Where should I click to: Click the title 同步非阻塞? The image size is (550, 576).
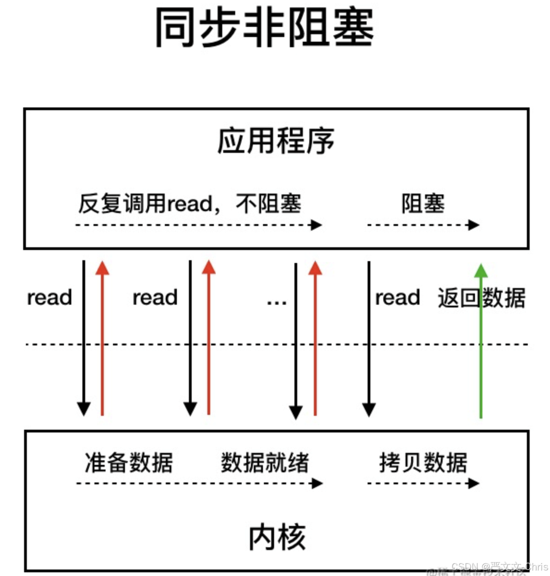point(264,28)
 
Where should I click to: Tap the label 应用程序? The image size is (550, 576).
point(276,141)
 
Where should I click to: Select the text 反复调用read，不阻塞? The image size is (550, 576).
point(190,204)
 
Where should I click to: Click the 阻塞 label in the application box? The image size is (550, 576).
point(423,204)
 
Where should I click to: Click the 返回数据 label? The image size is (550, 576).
point(481,298)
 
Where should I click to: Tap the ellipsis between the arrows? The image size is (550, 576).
point(276,302)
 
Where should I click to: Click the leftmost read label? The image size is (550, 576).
point(50,298)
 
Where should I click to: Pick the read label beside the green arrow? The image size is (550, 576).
point(397,298)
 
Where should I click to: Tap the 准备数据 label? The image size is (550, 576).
point(129,463)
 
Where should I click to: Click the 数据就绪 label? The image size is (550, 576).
point(265,463)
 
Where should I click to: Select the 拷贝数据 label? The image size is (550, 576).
point(423,463)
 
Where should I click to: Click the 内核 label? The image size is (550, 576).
point(277,537)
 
